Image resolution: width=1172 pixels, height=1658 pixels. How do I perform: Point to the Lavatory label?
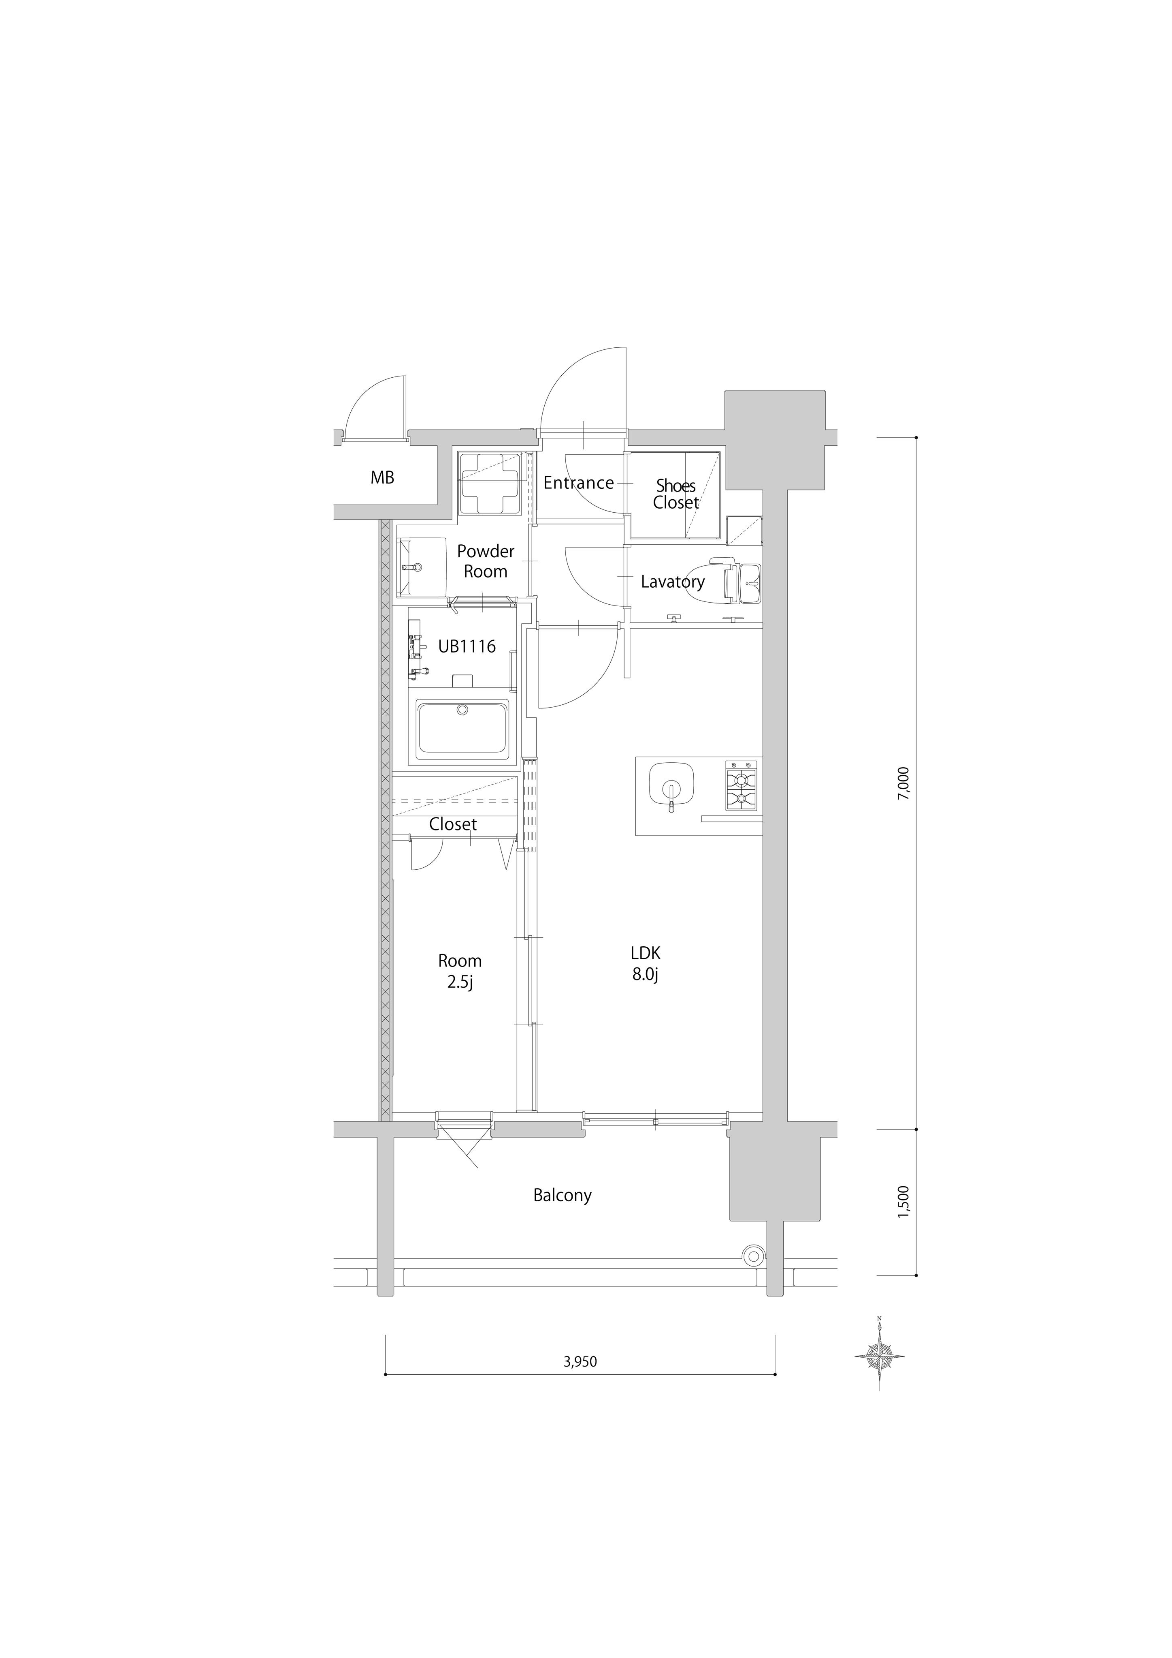coord(673,581)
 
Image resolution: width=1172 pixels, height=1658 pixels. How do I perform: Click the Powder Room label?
coord(486,561)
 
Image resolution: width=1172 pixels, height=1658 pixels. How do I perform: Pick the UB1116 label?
coord(467,646)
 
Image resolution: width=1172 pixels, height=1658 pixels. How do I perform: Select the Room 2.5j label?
coord(460,971)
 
